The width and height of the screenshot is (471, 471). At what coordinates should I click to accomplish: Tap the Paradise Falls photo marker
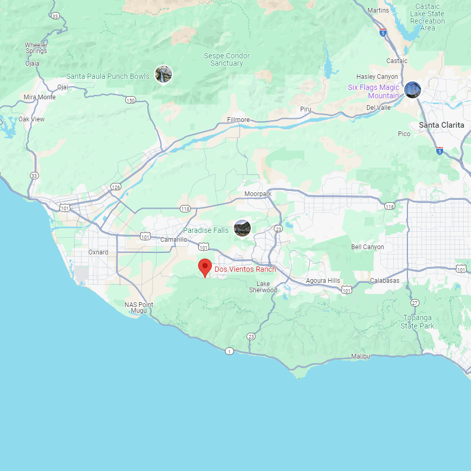point(242,228)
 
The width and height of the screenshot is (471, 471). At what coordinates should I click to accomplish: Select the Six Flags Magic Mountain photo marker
point(413,90)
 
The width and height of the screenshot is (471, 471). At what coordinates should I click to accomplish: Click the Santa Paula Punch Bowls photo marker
point(163,74)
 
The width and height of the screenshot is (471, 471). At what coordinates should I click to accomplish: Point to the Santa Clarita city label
point(442,125)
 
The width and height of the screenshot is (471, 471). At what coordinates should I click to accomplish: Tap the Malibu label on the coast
point(361,356)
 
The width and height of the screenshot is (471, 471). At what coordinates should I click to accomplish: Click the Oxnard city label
point(98,252)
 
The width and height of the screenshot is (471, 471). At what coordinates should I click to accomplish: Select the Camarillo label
point(174,240)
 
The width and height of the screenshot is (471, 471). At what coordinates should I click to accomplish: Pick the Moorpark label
point(258,194)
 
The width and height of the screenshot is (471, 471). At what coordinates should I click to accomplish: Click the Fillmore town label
point(238,120)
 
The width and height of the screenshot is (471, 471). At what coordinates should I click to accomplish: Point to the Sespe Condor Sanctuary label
point(227,59)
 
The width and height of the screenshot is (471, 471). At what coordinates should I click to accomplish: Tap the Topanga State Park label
point(418,322)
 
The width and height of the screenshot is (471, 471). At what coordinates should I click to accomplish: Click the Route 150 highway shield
point(131,100)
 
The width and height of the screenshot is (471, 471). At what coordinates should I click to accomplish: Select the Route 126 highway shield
point(116,187)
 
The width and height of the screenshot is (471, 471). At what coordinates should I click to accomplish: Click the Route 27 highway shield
point(415,303)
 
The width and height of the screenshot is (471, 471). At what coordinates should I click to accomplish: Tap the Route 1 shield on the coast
point(229,351)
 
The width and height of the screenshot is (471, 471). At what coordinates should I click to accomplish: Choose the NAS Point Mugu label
point(139,308)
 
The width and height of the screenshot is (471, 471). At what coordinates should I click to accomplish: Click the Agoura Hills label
point(323,281)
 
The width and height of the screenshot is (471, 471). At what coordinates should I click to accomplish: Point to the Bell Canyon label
point(367,247)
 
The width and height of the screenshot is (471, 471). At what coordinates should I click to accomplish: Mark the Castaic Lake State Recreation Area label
point(427,17)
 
